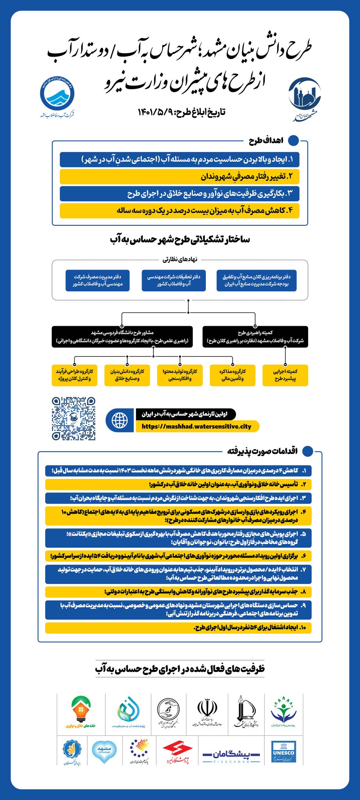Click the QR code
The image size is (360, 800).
click(73, 419)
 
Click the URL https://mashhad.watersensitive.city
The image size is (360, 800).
click(197, 426)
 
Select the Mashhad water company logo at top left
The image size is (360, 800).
click(57, 95)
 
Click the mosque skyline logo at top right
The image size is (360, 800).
click(305, 96)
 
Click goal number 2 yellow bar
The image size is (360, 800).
click(180, 177)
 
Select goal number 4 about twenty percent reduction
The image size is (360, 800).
click(180, 211)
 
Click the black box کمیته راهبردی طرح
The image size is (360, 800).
click(255, 337)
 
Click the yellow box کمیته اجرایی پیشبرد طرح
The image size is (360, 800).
click(285, 375)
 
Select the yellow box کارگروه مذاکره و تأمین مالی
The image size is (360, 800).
click(232, 375)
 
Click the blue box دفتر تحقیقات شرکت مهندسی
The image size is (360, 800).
click(174, 280)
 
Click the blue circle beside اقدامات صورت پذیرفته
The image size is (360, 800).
click(308, 451)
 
